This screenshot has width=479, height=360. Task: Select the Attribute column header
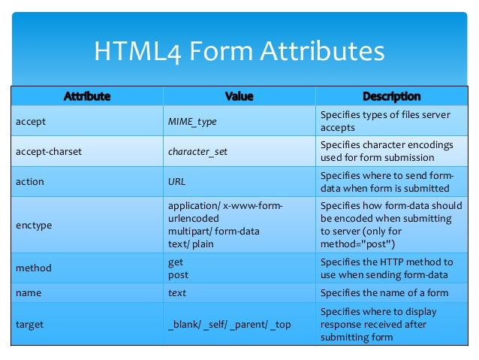tap(87, 96)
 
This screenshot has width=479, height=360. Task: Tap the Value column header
tap(239, 96)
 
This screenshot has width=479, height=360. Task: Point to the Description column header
tap(391, 96)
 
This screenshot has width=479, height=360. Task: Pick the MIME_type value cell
tap(197, 121)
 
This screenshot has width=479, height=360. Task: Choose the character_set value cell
tap(197, 151)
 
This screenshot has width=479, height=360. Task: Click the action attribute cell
tap(29, 181)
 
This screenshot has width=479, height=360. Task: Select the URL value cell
tap(176, 181)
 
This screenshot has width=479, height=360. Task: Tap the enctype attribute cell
tap(34, 224)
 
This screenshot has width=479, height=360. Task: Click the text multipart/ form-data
tap(213, 231)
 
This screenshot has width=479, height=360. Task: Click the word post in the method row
tap(178, 275)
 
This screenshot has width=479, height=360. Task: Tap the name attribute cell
tap(28, 293)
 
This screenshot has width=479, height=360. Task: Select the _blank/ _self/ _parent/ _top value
tap(228, 325)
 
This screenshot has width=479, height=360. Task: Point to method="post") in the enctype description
tap(357, 244)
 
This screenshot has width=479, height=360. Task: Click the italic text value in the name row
tap(177, 293)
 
